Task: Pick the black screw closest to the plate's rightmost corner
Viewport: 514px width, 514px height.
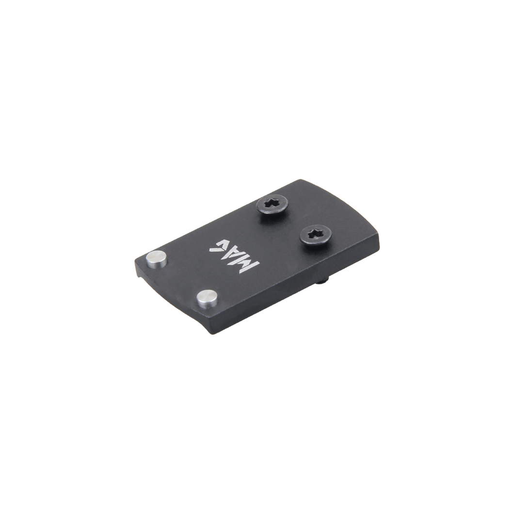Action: pos(315,234)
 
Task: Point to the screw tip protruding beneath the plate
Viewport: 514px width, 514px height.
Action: pos(324,280)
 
